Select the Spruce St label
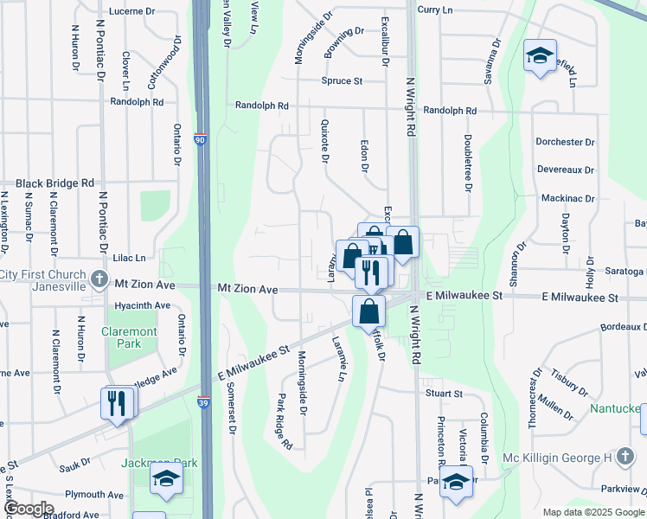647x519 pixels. (x=342, y=81)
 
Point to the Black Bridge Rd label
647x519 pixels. (x=54, y=183)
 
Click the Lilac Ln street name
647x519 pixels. (x=128, y=258)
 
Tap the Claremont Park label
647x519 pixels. (x=129, y=337)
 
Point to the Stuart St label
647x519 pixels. (x=444, y=394)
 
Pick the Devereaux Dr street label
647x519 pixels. (x=565, y=170)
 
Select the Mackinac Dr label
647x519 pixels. (x=568, y=198)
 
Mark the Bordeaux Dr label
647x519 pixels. (x=623, y=327)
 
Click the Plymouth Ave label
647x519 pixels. (x=94, y=495)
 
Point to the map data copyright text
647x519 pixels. (x=593, y=512)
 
